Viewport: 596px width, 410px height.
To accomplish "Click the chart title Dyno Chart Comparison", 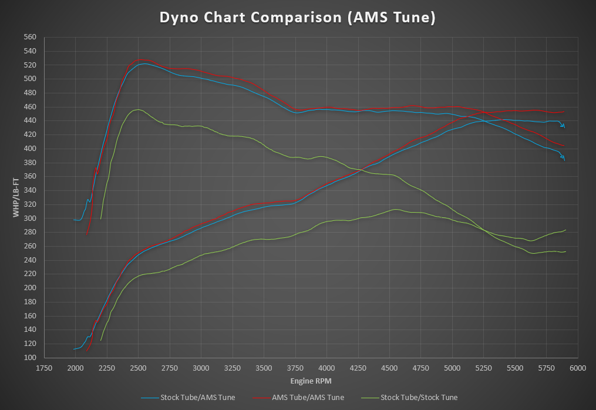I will point(298,18).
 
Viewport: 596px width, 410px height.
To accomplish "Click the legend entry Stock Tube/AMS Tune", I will point(197,398).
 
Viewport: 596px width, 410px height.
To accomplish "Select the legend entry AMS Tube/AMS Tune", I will point(308,398).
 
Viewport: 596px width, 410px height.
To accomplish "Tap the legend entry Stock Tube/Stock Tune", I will point(419,398).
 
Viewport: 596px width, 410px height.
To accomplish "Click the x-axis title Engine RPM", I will point(310,381).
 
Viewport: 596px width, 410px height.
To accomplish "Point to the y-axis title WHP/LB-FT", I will point(16,197).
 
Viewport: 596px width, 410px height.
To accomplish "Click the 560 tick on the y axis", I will point(29,37).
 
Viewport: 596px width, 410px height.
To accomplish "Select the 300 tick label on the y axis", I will point(29,219).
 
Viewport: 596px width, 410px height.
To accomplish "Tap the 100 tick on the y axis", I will point(29,358).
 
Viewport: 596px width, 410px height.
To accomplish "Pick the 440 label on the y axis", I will point(29,120).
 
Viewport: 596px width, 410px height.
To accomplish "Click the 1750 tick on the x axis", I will point(44,368).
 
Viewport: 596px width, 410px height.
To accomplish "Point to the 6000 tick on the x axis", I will point(578,368).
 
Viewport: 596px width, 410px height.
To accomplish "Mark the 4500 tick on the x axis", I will point(389,368).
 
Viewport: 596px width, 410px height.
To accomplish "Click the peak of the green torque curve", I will point(137,109).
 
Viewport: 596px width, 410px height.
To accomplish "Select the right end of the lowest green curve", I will point(565,251).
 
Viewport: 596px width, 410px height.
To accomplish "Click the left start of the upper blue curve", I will point(74,220).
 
